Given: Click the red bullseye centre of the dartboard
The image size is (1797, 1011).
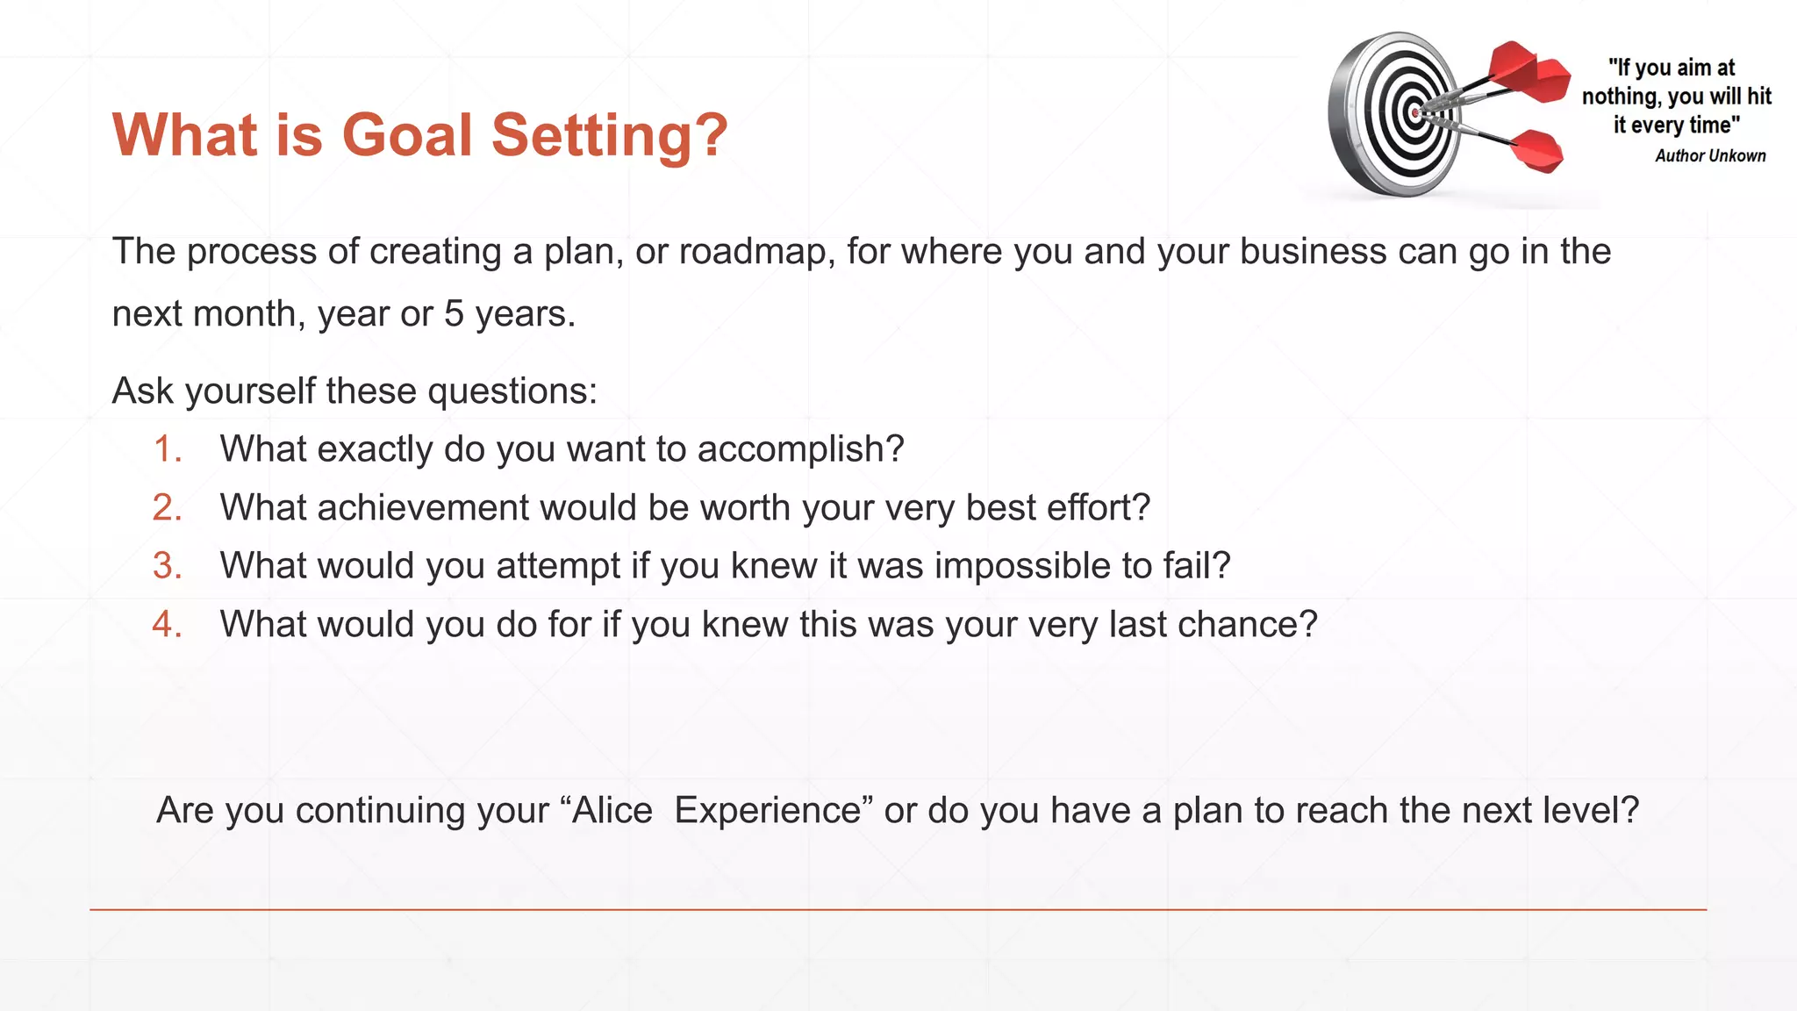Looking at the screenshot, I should (x=1414, y=113).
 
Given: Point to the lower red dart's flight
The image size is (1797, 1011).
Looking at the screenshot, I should (x=1537, y=151).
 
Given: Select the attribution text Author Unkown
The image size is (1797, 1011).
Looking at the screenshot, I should (x=1710, y=156).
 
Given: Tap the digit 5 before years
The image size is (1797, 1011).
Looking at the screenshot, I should (x=454, y=314).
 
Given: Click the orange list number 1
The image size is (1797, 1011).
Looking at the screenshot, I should (x=167, y=449).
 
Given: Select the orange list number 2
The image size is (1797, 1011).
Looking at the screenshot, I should (x=167, y=508).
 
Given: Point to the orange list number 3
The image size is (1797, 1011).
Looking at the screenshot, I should (x=167, y=566).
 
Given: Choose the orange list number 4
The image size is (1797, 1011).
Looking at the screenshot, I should (x=167, y=625).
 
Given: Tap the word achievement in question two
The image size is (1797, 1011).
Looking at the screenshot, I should (x=424, y=508).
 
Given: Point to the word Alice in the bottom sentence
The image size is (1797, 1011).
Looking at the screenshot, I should (x=612, y=810).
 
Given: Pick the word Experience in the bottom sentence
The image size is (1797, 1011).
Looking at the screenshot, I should (x=768, y=810).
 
